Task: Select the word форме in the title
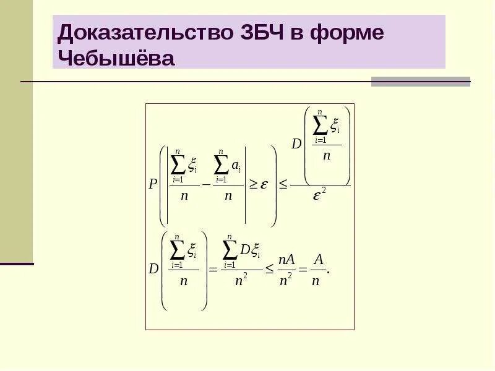tap(347, 33)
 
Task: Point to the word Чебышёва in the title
tap(116, 58)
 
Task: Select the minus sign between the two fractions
tap(206, 184)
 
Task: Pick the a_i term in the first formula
tap(236, 165)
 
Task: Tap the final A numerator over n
tap(317, 259)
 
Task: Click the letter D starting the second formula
tap(153, 269)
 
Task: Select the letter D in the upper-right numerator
tap(296, 143)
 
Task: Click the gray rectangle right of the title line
tap(421, 82)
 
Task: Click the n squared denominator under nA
tap(286, 279)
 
